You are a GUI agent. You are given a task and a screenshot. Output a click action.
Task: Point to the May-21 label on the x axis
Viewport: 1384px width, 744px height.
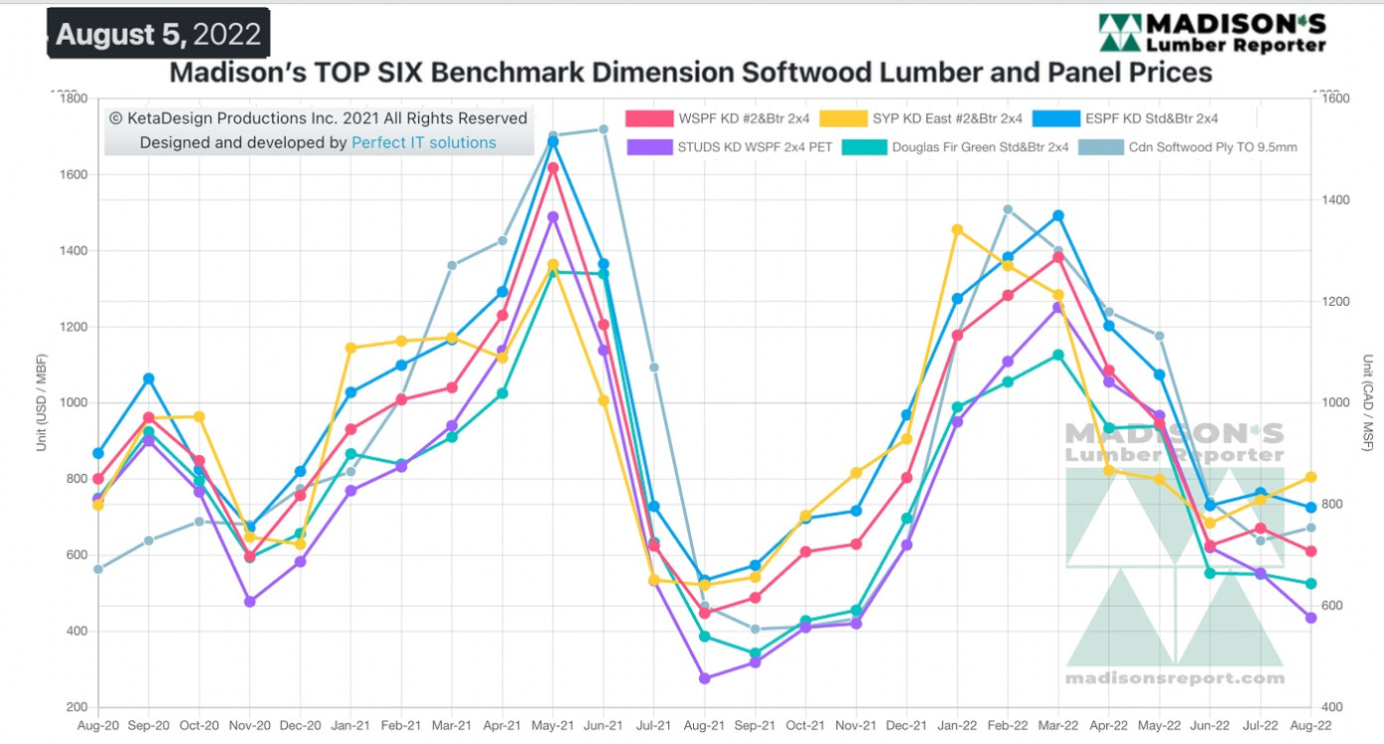[553, 727]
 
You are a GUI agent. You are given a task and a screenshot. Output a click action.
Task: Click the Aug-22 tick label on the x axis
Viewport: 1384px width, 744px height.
[1310, 727]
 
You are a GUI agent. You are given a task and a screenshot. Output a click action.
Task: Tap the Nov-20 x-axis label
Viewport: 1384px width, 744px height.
[250, 727]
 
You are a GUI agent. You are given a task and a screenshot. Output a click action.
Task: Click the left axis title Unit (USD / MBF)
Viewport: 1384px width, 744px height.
[42, 402]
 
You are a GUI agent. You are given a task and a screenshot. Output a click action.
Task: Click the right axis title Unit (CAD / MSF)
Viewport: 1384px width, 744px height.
[1369, 402]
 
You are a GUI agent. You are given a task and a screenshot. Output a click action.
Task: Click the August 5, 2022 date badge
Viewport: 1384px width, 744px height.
[158, 34]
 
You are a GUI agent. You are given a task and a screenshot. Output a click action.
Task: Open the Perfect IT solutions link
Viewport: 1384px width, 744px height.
[423, 142]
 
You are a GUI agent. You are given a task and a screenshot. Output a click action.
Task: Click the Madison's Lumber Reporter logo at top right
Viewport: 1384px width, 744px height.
[1212, 33]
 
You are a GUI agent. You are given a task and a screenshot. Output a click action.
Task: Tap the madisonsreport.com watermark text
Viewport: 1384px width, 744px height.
[1175, 678]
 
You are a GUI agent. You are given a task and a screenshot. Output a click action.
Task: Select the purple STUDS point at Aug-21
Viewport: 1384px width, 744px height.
[705, 678]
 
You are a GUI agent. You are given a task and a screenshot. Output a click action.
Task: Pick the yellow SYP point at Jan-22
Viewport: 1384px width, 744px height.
[958, 230]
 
